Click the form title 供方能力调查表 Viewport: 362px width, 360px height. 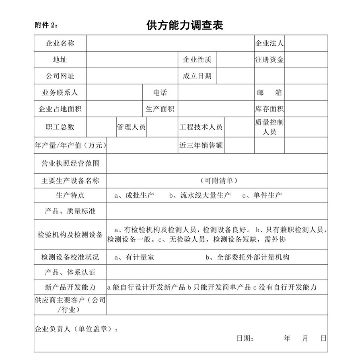point(185,25)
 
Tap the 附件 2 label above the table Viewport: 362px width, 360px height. point(46,25)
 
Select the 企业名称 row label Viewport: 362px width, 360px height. point(60,43)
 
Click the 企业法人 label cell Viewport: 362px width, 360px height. point(269,43)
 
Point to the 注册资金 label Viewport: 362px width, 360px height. point(269,60)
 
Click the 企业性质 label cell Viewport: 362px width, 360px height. point(197,60)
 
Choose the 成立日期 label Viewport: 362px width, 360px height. point(197,76)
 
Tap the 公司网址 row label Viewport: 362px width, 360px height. point(60,76)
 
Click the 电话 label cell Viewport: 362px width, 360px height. point(160,92)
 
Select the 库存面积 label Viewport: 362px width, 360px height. point(269,109)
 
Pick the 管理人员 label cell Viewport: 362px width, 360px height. point(131,127)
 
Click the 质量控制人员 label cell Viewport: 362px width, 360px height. point(269,127)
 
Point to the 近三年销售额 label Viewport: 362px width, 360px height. point(201,145)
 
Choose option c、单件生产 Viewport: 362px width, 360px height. point(262,196)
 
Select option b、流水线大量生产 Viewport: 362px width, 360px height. point(200,196)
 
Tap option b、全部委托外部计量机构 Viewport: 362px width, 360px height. point(247,257)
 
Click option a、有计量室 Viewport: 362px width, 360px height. point(134,257)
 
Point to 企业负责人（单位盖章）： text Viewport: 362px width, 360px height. point(76,329)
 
